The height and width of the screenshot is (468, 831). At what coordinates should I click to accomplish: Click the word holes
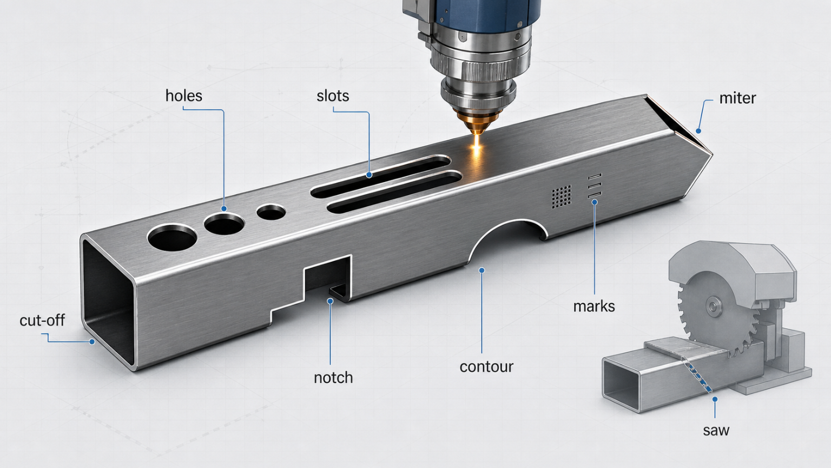(x=183, y=96)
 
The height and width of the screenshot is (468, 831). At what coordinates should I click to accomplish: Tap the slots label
(x=333, y=96)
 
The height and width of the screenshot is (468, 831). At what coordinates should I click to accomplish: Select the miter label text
(x=737, y=98)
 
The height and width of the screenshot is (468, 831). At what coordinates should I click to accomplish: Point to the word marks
(x=594, y=307)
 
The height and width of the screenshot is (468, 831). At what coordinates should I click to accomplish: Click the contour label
(x=486, y=367)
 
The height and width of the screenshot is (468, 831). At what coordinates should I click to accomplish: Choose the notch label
(x=333, y=378)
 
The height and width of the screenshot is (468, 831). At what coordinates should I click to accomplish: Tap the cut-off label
(x=42, y=320)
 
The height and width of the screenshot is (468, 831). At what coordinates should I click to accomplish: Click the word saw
(x=716, y=430)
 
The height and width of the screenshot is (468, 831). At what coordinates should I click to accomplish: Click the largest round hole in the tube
(x=172, y=237)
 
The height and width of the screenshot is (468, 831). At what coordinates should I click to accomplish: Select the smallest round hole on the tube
(x=271, y=212)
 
